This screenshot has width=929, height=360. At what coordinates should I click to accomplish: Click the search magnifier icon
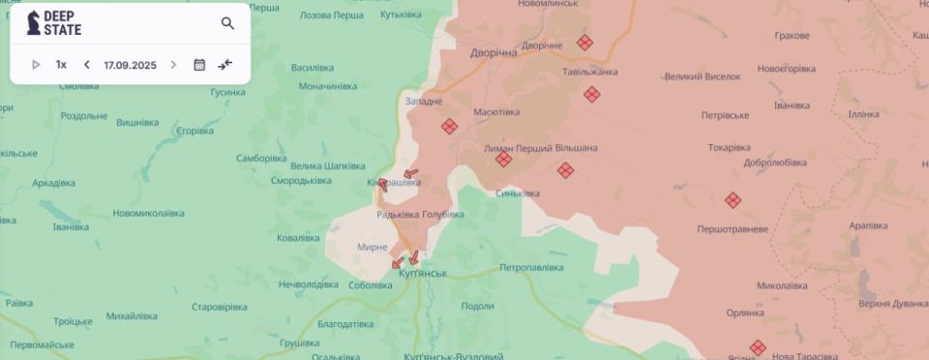click(x=227, y=23)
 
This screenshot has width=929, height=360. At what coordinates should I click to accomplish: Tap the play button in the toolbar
click(x=36, y=65)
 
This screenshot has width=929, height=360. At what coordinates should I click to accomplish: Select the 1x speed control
click(x=61, y=65)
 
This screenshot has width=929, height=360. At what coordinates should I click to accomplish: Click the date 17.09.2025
click(x=130, y=65)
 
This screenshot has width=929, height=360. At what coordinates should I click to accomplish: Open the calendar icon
click(x=199, y=65)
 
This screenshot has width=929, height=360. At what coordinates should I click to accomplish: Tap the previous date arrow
click(x=87, y=65)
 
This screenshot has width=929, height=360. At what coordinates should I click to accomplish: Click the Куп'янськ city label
click(x=424, y=274)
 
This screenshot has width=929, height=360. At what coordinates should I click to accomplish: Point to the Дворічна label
click(x=494, y=52)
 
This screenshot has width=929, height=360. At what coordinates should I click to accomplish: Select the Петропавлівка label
click(x=531, y=266)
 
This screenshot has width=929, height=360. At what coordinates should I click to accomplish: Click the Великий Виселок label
click(x=702, y=76)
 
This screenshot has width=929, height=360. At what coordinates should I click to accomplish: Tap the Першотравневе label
click(x=733, y=229)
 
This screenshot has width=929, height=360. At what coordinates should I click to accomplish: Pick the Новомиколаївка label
click(x=148, y=213)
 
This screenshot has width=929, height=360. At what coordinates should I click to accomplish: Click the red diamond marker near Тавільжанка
click(x=591, y=94)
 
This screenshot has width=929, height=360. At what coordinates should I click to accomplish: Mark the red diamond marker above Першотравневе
click(x=733, y=200)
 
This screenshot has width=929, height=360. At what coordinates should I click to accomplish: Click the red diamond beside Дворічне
click(x=584, y=43)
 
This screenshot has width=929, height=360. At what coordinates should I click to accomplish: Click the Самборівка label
click(x=261, y=158)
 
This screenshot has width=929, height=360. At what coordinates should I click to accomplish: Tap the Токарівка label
click(x=729, y=147)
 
